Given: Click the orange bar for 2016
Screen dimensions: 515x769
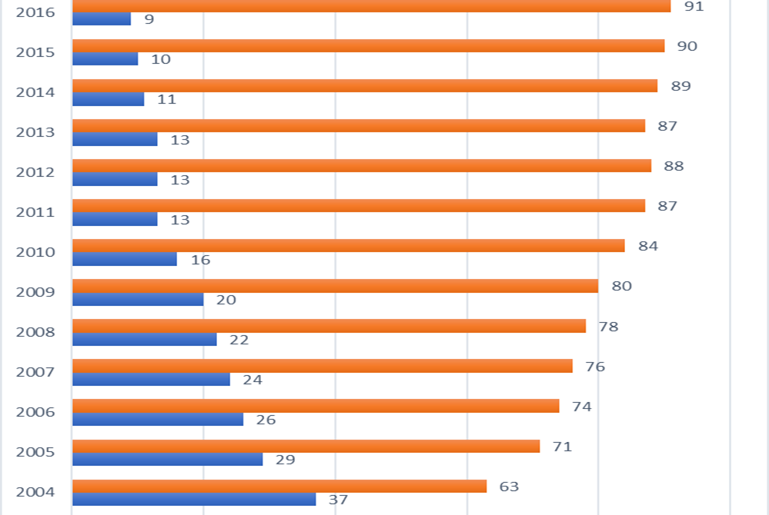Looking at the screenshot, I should (371, 6).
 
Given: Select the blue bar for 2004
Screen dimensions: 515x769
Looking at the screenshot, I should (194, 500).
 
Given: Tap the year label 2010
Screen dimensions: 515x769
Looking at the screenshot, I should (35, 252).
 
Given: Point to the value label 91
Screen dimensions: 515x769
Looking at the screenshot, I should (694, 6).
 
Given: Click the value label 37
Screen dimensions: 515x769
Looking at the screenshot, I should (339, 500).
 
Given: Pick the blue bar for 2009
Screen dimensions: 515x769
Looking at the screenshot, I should (138, 300).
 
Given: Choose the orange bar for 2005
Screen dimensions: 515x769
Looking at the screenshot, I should (306, 446).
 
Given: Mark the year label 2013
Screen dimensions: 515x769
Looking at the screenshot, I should (35, 132).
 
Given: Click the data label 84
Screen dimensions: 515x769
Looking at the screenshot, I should (648, 246).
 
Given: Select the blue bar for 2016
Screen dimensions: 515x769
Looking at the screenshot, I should (102, 19).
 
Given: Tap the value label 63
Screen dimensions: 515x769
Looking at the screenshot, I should (509, 487).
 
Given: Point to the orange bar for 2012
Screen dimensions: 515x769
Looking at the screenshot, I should (362, 165).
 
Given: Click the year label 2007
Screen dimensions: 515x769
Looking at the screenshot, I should (35, 372).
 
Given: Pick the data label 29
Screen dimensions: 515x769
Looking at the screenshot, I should (286, 460).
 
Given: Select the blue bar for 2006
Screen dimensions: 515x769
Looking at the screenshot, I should (158, 420).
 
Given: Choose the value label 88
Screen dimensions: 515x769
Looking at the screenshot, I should (674, 166).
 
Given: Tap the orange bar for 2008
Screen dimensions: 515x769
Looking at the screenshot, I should (329, 326).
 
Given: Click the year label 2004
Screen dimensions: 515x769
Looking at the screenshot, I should (35, 492).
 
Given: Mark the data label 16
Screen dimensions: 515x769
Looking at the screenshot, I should (201, 260).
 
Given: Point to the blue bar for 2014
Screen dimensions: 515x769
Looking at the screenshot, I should (108, 99).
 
